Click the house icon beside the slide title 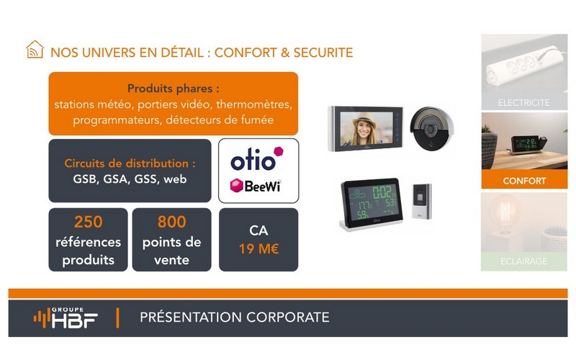tap(35, 49)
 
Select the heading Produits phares tap(174, 89)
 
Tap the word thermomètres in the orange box tap(254, 104)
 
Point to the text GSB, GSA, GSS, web tap(130, 179)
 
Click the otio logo tap(257, 158)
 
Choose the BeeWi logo tap(256, 186)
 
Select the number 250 tap(88, 222)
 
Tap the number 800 tap(172, 222)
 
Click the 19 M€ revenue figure tap(258, 249)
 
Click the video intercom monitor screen tap(366, 129)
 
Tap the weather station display tap(372, 203)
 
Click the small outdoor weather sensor tap(422, 201)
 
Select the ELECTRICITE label tap(524, 102)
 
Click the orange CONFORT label tap(524, 181)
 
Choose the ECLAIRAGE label tap(524, 261)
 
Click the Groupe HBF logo tap(66, 318)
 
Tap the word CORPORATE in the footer tap(287, 317)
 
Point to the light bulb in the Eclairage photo tap(505, 213)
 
